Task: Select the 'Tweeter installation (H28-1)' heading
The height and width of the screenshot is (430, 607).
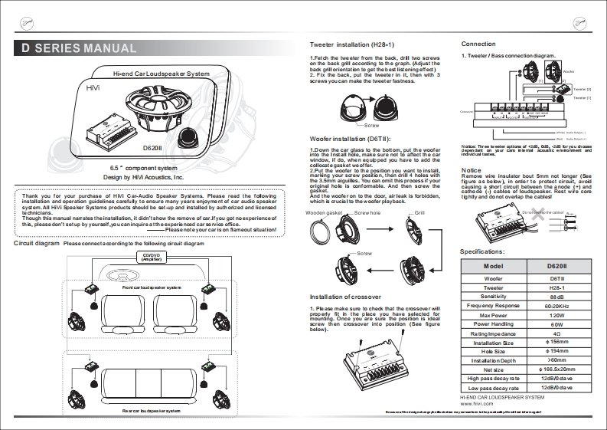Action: tap(351, 46)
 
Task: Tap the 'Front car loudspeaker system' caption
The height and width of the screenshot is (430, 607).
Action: tap(152, 287)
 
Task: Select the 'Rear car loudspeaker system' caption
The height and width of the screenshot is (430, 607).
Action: tap(152, 412)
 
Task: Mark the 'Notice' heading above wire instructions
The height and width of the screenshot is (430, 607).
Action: tap(471, 169)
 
